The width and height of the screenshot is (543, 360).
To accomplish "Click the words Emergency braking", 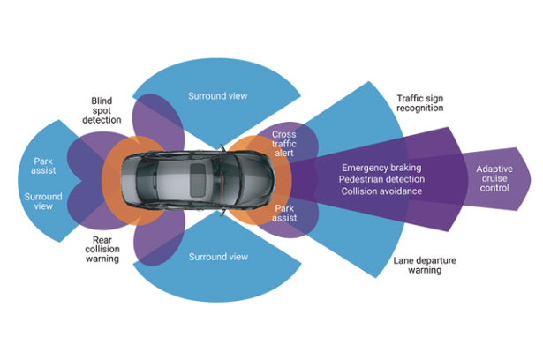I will point(381,168).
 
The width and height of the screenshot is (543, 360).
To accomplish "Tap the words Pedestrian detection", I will point(381,179).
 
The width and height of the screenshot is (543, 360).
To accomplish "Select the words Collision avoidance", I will point(381,191).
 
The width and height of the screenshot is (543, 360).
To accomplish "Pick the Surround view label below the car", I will point(217,257).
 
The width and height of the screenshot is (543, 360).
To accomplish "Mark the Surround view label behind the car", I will point(43,202).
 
